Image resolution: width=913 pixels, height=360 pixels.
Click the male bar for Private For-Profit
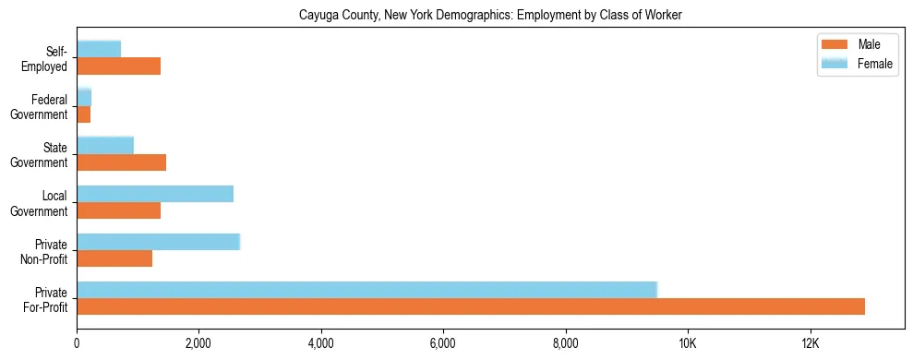point(471,306)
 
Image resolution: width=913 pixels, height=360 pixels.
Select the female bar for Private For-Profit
point(366,290)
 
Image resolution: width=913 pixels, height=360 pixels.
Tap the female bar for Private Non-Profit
point(158,242)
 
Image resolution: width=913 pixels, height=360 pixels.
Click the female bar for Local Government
point(155,194)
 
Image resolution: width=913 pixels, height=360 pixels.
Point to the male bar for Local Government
point(119,210)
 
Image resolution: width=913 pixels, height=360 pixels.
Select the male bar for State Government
point(121,162)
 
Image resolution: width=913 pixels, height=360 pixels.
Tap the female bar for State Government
point(105,146)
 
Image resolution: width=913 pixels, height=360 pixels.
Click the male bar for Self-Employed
point(119,66)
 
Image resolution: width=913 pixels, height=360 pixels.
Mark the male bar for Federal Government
point(84,114)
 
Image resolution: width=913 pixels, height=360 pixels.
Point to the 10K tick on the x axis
point(688,344)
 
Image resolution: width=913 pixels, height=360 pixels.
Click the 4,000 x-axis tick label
point(321,344)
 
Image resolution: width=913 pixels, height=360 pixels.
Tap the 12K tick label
point(810,344)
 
